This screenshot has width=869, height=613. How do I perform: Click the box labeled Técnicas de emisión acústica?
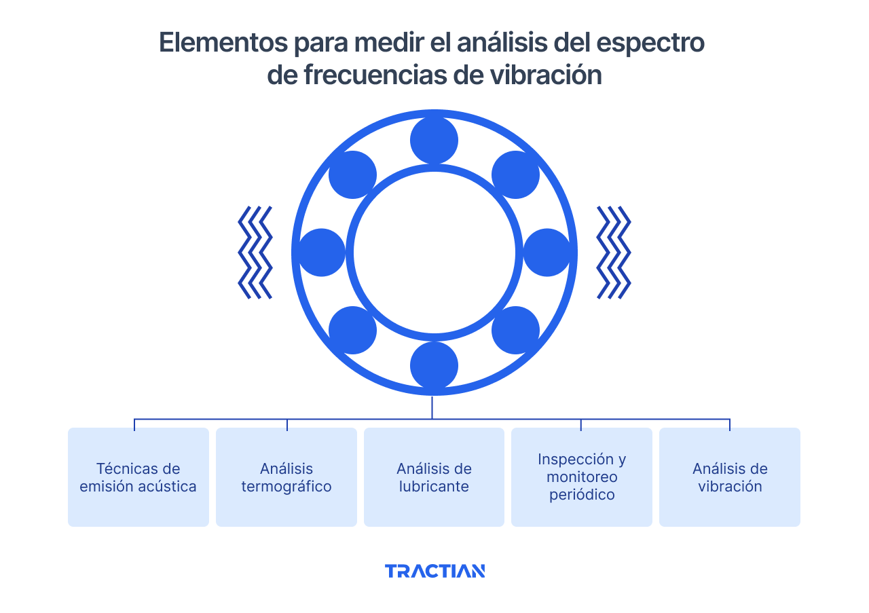138,477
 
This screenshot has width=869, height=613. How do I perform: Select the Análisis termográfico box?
286,477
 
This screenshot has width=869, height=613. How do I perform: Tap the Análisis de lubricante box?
434,477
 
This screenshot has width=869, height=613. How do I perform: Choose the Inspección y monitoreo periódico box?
581,477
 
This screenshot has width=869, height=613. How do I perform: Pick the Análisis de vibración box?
730,477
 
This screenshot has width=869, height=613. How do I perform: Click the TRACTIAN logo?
434,571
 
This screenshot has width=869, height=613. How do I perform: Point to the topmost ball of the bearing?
434,141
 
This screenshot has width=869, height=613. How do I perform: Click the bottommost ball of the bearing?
434,365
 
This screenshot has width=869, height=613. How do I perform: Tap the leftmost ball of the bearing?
322,253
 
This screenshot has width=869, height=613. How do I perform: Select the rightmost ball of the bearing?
547,253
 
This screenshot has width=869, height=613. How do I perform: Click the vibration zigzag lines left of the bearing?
255,253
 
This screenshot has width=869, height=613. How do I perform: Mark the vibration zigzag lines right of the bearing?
614,253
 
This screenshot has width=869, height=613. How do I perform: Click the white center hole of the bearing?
434,253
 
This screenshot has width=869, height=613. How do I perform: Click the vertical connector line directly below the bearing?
432,407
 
